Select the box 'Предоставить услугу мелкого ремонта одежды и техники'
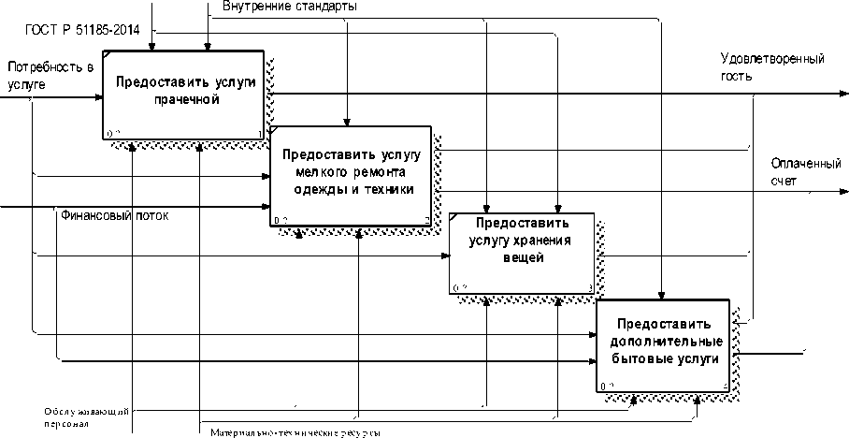[351, 175]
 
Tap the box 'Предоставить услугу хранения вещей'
[521, 253]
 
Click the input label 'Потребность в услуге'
[50, 75]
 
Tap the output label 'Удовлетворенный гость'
[772, 67]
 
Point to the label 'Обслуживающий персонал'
[85, 416]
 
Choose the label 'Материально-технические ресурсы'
[295, 432]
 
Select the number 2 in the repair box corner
[426, 221]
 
